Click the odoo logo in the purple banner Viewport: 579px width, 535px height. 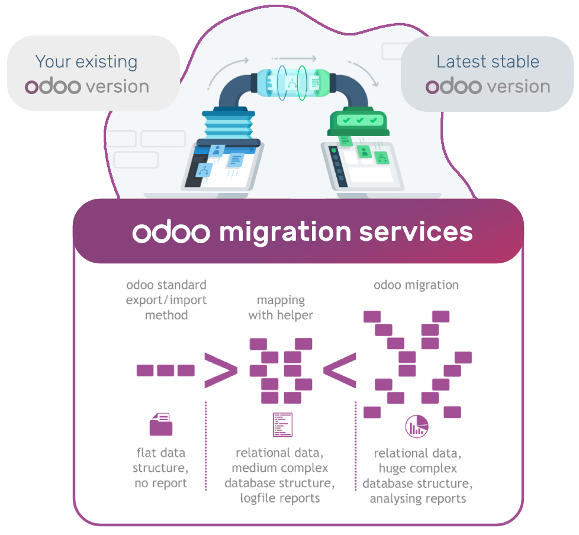[171, 233]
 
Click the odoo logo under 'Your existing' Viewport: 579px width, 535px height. [53, 87]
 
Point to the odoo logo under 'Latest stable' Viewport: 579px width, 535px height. [454, 87]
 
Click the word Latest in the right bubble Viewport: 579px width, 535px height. [459, 62]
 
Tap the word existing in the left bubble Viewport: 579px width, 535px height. [103, 62]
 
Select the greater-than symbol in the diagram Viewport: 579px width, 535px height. [220, 370]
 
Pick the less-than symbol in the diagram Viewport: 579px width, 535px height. [339, 370]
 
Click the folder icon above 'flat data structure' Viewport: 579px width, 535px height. [161, 424]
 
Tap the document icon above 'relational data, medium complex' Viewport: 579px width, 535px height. [282, 424]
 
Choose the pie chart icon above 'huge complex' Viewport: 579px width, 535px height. [417, 426]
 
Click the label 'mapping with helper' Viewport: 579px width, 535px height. [281, 308]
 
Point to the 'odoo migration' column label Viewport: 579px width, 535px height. [416, 285]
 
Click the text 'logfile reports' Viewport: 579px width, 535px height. [280, 498]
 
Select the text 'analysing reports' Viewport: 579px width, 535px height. [418, 499]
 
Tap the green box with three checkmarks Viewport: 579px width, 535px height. [357, 121]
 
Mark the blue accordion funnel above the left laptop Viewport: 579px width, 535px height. [228, 125]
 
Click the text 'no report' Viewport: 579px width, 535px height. [160, 484]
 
